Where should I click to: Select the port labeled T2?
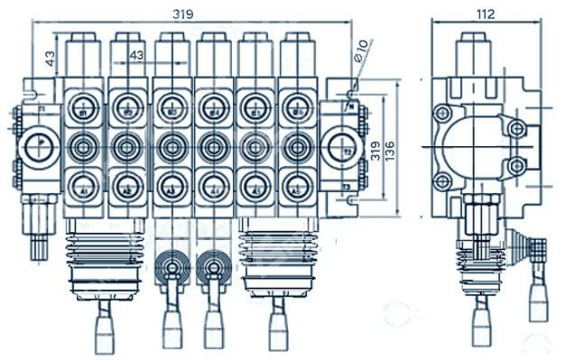(x=341, y=148)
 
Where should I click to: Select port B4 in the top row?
(x=213, y=105)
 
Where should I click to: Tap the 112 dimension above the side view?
(x=485, y=14)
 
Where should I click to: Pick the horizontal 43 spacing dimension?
(x=137, y=55)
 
